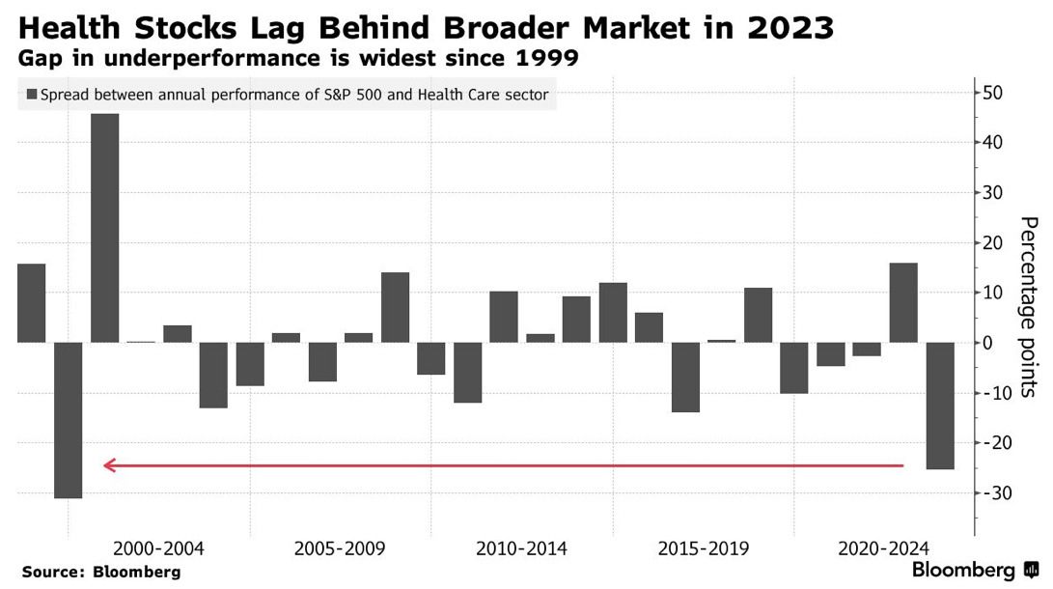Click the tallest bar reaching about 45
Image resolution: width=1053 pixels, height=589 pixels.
[105, 228]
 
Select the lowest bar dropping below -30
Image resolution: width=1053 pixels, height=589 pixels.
[69, 420]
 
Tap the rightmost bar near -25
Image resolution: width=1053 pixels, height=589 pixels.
[940, 406]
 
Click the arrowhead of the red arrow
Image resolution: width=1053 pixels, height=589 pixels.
[109, 465]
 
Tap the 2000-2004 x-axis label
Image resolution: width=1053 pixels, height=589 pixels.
[158, 548]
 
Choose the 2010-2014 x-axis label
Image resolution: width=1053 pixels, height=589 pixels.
[521, 548]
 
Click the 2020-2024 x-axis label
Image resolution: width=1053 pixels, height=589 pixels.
[884, 548]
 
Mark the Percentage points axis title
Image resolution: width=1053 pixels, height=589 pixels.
[1029, 307]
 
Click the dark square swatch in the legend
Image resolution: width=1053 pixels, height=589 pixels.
[32, 95]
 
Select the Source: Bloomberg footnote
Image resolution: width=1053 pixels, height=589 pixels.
[100, 572]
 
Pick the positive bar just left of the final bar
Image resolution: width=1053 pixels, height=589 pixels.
[903, 302]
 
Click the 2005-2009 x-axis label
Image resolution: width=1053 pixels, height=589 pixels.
[340, 548]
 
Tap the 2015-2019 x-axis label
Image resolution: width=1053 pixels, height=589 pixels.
[703, 548]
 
